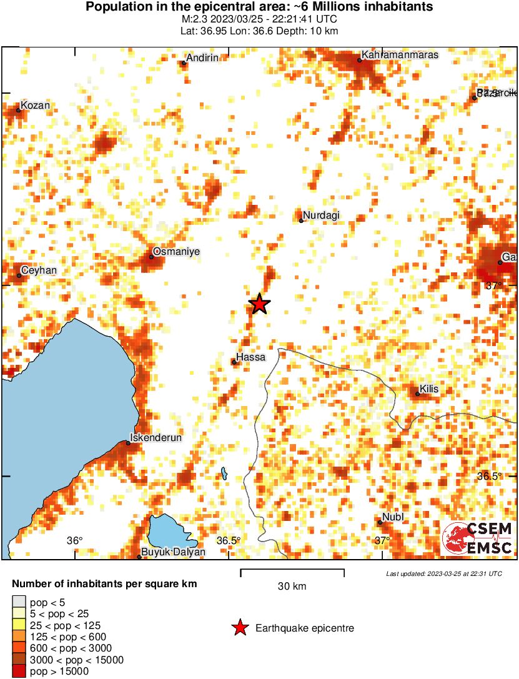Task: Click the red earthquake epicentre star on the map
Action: tap(259, 304)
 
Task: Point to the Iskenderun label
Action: tap(156, 438)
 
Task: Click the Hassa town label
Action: tap(251, 357)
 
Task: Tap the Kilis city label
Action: tap(429, 389)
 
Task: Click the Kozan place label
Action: tap(35, 105)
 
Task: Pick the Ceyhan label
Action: tap(39, 270)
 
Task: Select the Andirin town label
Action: tap(202, 58)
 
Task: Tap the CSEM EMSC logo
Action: tap(478, 538)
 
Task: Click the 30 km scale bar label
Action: tap(292, 586)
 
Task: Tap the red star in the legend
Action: tap(239, 628)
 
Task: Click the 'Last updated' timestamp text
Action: tap(443, 573)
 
